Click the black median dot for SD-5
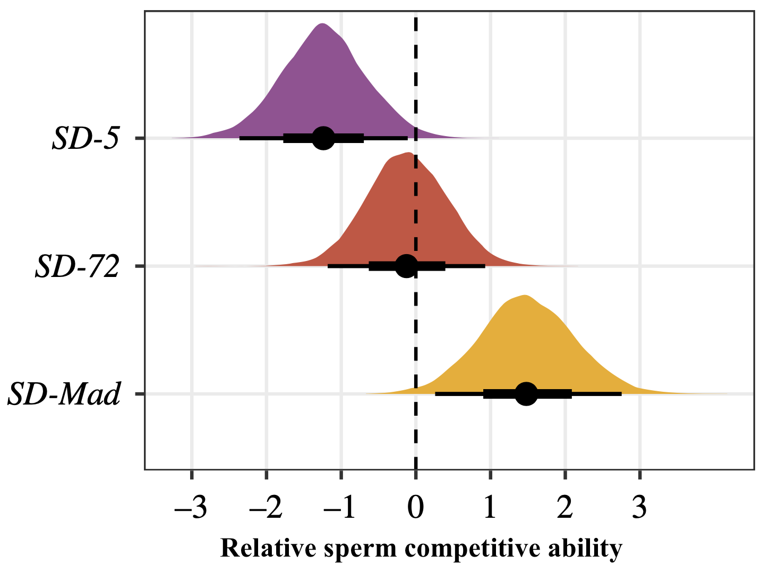coord(323,138)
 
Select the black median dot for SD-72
coord(407,266)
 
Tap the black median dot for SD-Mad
coord(526,394)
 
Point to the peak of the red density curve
coord(408,153)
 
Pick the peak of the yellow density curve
coord(525,296)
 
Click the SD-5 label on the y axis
coord(85,139)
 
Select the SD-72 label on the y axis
coord(77,267)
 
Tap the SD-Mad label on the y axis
coord(64,394)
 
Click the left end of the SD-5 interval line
coord(240,138)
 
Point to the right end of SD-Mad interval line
coord(621,394)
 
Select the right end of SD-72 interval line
coord(485,266)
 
